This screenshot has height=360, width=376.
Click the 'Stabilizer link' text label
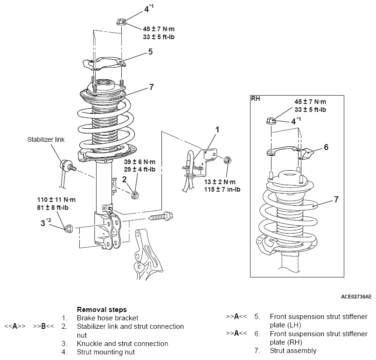pyautogui.click(x=46, y=139)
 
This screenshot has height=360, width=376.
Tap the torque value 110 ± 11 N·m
pyautogui.click(x=56, y=200)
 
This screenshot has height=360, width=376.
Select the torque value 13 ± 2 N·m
pyautogui.click(x=220, y=182)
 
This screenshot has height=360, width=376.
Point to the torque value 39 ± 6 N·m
pyautogui.click(x=139, y=162)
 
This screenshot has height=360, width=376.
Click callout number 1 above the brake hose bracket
pyautogui.click(x=217, y=130)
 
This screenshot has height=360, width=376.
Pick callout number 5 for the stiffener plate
pyautogui.click(x=150, y=52)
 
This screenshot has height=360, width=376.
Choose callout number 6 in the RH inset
pyautogui.click(x=326, y=147)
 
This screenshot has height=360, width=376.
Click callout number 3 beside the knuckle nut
pyautogui.click(x=42, y=223)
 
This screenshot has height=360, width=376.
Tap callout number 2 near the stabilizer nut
pyautogui.click(x=124, y=179)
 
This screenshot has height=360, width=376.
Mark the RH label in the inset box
pyautogui.click(x=256, y=99)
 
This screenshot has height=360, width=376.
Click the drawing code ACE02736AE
pyautogui.click(x=356, y=297)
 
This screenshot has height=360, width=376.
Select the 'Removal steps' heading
pyautogui.click(x=102, y=310)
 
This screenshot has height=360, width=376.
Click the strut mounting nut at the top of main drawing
pyautogui.click(x=121, y=22)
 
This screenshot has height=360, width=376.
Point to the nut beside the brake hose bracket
pyautogui.click(x=227, y=160)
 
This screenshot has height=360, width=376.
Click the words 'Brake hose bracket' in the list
pyautogui.click(x=107, y=318)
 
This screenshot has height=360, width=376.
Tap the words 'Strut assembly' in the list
pyautogui.click(x=293, y=351)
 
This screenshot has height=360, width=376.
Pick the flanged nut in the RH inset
pyautogui.click(x=271, y=121)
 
